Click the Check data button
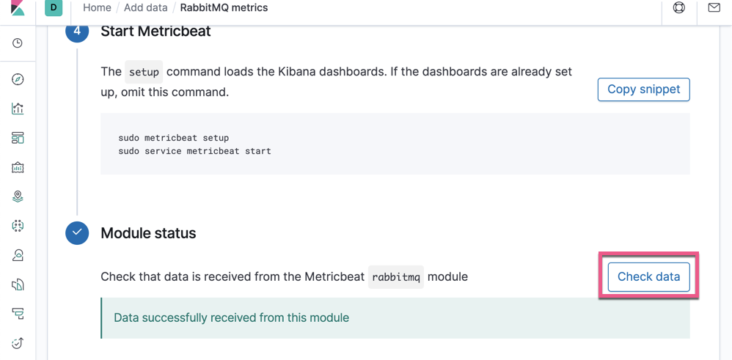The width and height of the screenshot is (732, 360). (648, 277)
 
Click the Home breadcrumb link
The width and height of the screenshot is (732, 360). (97, 8)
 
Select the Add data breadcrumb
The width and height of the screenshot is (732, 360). (145, 8)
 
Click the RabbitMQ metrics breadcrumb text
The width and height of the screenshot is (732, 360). (224, 8)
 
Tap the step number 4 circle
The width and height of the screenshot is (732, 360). (77, 32)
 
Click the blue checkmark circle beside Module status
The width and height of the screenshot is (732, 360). (77, 233)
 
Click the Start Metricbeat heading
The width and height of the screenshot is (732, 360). (155, 32)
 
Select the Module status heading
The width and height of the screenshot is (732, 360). (148, 233)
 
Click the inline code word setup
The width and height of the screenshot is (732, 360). (144, 72)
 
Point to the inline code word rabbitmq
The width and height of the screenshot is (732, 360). (396, 277)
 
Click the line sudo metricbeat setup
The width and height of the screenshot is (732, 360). (174, 138)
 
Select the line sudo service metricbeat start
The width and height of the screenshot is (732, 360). (194, 151)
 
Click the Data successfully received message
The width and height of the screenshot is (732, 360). (231, 318)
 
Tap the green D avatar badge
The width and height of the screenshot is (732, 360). (54, 8)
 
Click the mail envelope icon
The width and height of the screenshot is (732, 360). (714, 8)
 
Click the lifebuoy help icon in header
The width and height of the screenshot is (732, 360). (679, 8)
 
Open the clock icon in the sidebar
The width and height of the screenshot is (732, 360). (18, 43)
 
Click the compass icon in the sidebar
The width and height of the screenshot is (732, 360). (18, 79)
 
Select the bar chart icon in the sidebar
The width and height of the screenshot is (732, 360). (18, 109)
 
